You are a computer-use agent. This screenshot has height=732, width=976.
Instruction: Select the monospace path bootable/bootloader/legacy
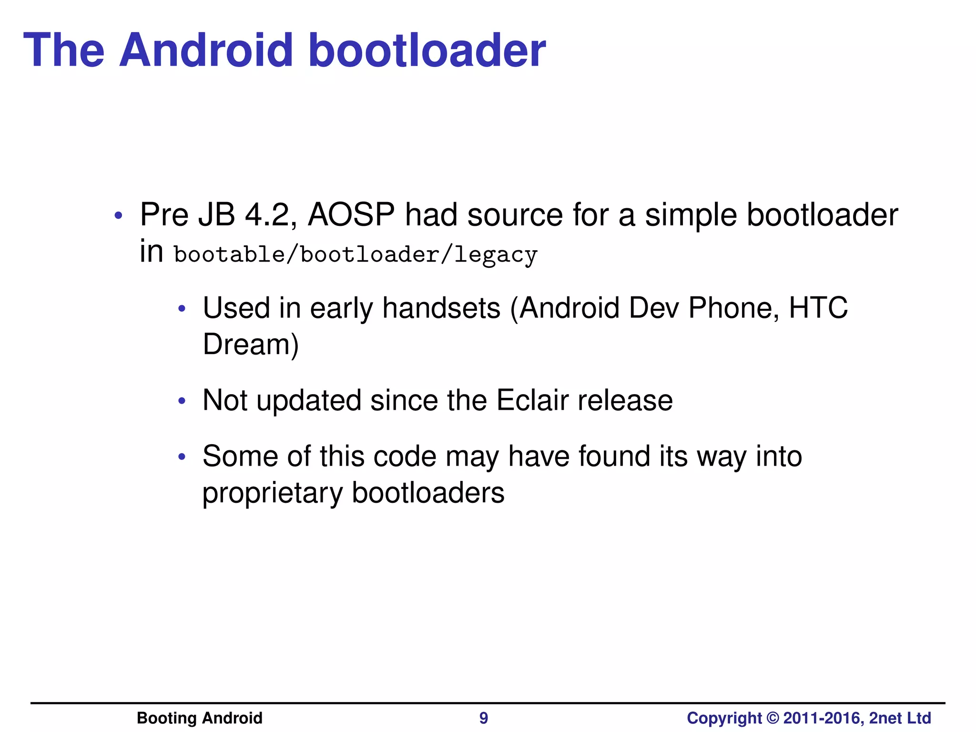(356, 254)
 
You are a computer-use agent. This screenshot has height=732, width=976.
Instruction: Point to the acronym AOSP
(351, 214)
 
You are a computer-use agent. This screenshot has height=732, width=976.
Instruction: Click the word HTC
(818, 308)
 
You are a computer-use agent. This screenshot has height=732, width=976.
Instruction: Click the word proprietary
(272, 493)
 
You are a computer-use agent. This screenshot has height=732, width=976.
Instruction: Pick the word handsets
(441, 308)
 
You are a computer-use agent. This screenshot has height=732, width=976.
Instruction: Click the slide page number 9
(483, 718)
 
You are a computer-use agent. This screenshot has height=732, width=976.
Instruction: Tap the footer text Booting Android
(199, 718)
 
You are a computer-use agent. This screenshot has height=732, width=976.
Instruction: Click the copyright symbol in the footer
(773, 718)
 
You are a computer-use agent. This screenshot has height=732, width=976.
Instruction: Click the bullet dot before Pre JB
(118, 216)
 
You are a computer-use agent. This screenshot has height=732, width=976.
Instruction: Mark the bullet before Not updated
(181, 401)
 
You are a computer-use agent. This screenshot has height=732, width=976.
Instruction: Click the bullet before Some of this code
(181, 457)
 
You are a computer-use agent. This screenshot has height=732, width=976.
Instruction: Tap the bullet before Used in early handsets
(181, 309)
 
